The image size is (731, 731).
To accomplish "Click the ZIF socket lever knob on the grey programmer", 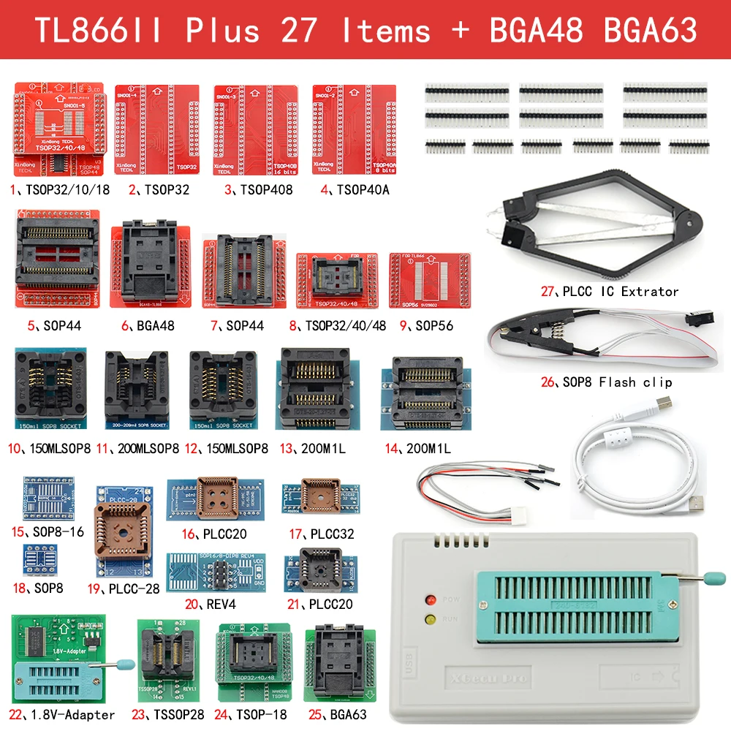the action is [x=709, y=579].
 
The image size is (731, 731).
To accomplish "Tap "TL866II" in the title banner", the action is [x=99, y=30].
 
